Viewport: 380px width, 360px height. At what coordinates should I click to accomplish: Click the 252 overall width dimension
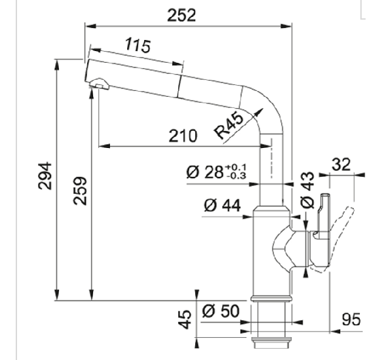click(181, 15)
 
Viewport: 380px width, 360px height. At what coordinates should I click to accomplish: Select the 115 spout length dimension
click(138, 45)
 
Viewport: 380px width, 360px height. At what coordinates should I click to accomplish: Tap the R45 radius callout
click(229, 126)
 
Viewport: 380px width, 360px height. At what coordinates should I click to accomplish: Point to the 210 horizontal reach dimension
click(183, 135)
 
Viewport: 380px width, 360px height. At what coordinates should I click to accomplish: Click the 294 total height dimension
click(45, 176)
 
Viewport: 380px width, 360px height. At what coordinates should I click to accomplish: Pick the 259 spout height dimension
click(80, 191)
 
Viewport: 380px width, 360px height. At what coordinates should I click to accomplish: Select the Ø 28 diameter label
click(205, 172)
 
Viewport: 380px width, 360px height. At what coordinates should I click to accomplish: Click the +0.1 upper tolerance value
click(236, 168)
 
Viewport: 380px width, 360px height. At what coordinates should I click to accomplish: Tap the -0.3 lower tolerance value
click(237, 175)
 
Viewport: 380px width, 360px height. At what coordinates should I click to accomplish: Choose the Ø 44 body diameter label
click(222, 206)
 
